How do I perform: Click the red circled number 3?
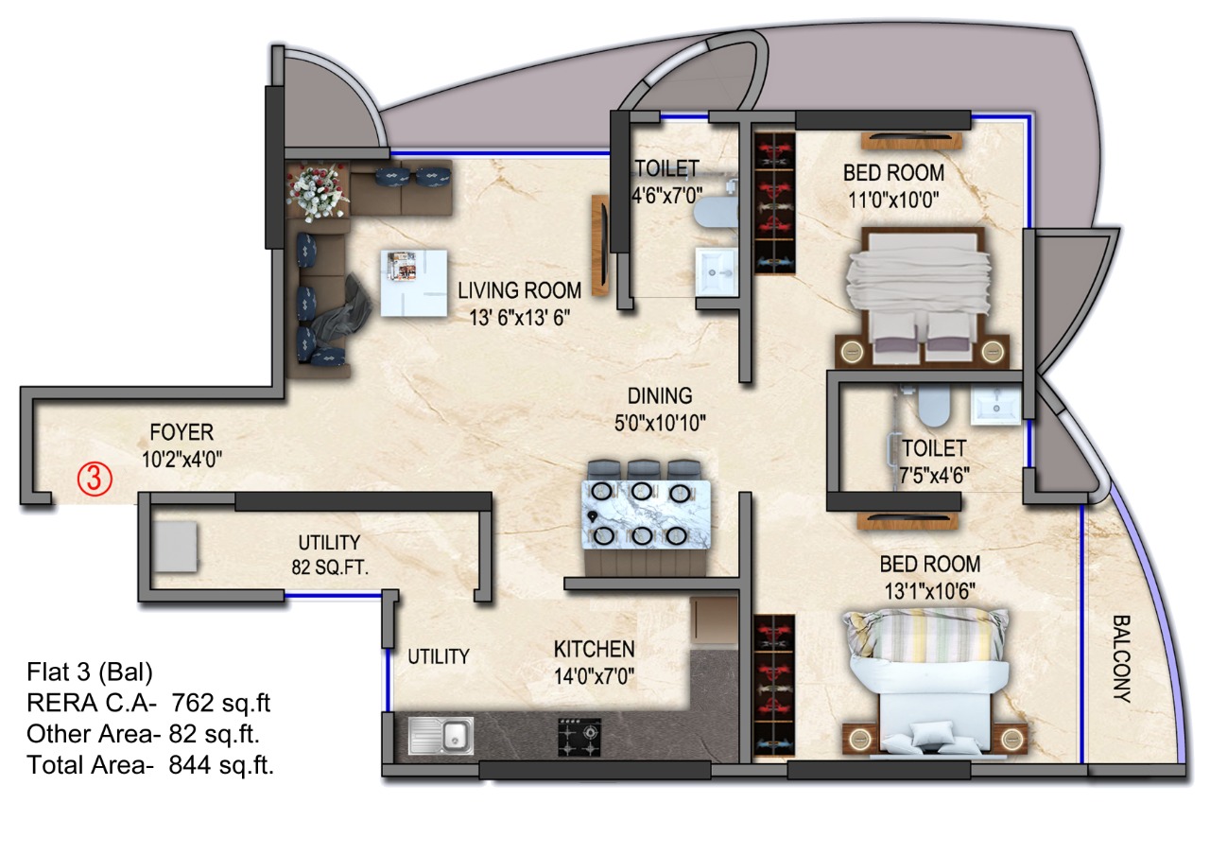(x=95, y=479)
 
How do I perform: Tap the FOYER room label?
(x=181, y=432)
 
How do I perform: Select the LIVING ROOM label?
(x=520, y=290)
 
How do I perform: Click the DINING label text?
(x=660, y=396)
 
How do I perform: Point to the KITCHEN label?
(x=595, y=649)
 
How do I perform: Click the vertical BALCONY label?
(x=1122, y=659)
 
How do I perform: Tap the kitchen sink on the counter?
(x=441, y=736)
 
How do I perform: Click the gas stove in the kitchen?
(x=579, y=737)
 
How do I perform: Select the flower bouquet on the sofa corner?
(x=317, y=192)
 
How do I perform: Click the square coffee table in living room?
(x=414, y=283)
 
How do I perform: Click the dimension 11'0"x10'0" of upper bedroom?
(x=893, y=201)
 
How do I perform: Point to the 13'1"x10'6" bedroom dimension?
(x=929, y=591)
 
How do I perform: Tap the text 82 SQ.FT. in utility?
(x=330, y=567)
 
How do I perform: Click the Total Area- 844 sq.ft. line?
(x=150, y=765)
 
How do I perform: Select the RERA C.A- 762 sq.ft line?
(x=148, y=703)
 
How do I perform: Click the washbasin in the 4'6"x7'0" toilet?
(x=717, y=271)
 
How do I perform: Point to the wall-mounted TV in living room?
(x=600, y=245)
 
